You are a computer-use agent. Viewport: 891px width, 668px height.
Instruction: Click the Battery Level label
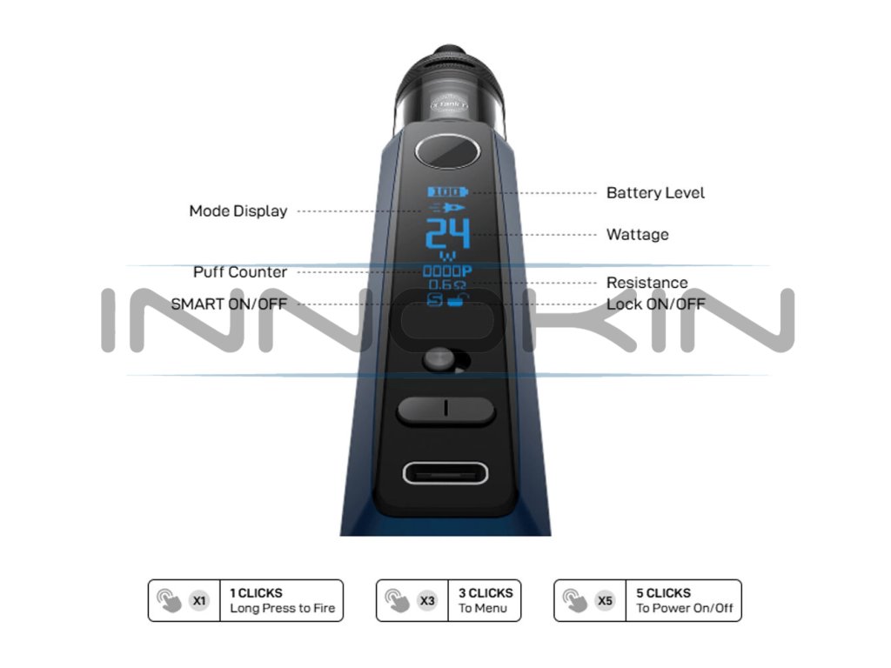click(655, 193)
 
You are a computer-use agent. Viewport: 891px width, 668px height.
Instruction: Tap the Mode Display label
click(238, 211)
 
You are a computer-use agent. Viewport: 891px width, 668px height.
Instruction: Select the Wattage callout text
click(637, 235)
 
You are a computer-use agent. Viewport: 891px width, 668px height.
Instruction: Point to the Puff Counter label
click(239, 272)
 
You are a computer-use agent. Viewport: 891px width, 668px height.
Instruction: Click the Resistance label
click(646, 283)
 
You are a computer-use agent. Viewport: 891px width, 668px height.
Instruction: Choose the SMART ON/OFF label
click(228, 304)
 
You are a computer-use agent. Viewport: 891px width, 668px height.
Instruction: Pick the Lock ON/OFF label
click(655, 304)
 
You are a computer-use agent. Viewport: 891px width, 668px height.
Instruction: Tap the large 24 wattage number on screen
click(446, 235)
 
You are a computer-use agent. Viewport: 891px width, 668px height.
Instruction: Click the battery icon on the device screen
click(446, 191)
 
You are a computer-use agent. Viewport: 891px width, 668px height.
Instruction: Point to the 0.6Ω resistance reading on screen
click(446, 284)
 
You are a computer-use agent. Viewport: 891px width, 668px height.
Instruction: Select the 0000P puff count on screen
click(446, 271)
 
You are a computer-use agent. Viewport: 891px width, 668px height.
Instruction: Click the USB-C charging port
click(445, 473)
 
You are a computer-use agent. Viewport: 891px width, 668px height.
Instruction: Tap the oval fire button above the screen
click(447, 151)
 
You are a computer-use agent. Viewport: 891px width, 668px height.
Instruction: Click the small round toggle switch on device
click(439, 360)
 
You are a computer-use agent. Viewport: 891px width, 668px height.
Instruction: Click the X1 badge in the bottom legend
click(200, 600)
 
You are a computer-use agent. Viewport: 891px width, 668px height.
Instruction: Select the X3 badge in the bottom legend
click(427, 600)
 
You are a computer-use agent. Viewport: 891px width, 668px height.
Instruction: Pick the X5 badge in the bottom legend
click(605, 600)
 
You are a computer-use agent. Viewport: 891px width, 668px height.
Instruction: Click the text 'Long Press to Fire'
click(282, 608)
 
